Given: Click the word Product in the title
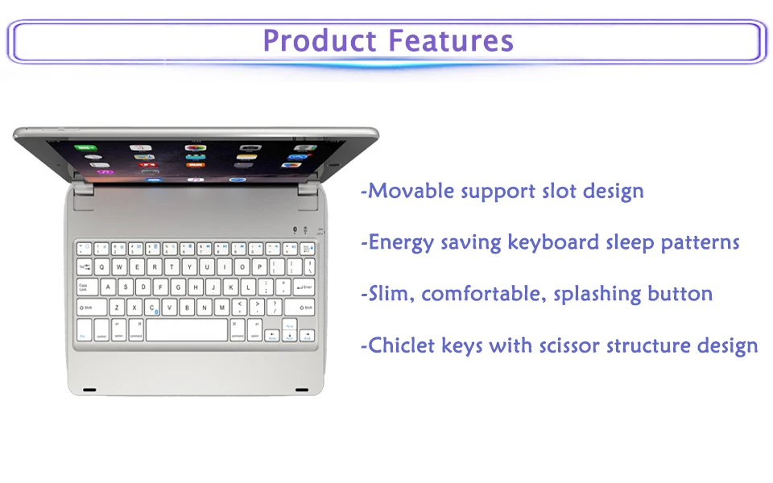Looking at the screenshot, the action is pos(320,40).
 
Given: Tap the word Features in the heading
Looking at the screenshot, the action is pos(451,40).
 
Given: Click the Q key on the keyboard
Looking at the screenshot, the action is pos(101,267).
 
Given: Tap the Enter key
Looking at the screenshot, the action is pos(304,287).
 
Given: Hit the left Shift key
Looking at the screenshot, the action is pos(92,307).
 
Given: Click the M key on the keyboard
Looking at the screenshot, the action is pos(222,307).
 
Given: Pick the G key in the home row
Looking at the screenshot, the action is pos(178,287).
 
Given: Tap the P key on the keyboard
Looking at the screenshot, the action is pos(259,267).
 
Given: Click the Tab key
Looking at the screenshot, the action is pos(85,267).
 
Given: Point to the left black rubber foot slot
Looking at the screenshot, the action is pos(89,390).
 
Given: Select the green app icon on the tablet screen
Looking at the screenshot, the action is pos(86,147).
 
